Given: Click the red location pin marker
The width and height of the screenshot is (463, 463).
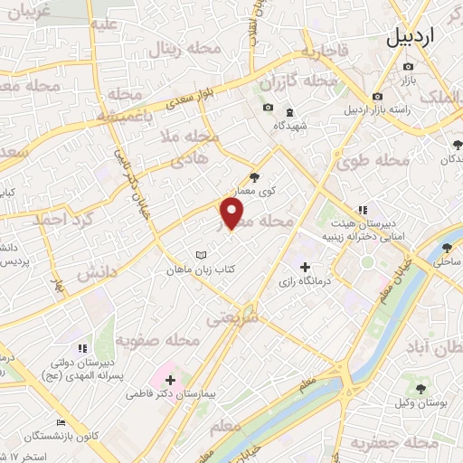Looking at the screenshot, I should click(x=232, y=213).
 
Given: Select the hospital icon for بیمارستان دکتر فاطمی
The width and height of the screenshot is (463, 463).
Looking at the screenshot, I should click(x=169, y=379).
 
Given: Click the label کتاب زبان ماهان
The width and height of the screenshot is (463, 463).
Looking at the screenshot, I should click(x=200, y=269).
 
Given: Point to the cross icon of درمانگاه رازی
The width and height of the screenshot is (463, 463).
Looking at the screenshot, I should click(x=305, y=268).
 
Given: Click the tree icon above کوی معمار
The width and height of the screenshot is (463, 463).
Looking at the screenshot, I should click(x=254, y=178).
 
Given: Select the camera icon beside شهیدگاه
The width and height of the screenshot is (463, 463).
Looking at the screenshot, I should click(x=267, y=109).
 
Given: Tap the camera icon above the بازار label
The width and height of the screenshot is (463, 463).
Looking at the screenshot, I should click(x=409, y=67).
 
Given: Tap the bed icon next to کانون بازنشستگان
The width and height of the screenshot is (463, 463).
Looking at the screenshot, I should click(x=61, y=423).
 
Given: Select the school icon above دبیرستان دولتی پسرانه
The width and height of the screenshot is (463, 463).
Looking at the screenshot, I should click(x=82, y=347).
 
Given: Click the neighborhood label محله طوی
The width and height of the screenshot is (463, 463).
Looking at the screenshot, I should click(x=373, y=162).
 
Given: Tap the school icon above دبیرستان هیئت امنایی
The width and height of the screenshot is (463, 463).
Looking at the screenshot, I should click(x=364, y=210).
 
